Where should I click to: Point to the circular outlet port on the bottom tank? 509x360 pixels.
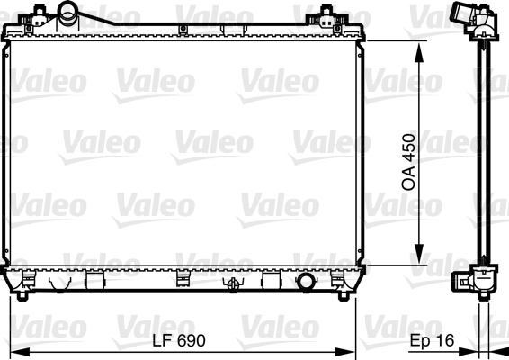[x=308, y=281]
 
